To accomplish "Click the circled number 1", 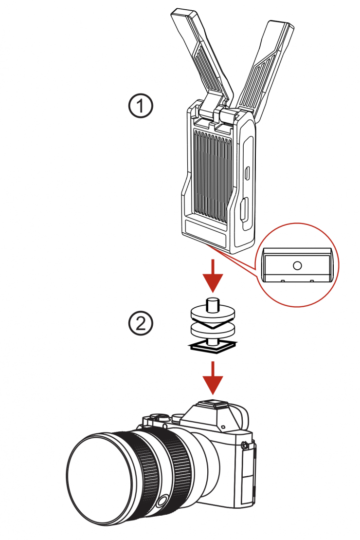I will coord(141,106).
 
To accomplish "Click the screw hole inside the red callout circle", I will coord(298,265).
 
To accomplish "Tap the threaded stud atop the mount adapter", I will coord(212,305).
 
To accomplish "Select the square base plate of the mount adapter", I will coord(212,346).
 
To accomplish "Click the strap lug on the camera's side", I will coord(245,444).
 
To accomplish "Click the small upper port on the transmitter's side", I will coord(247,172).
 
